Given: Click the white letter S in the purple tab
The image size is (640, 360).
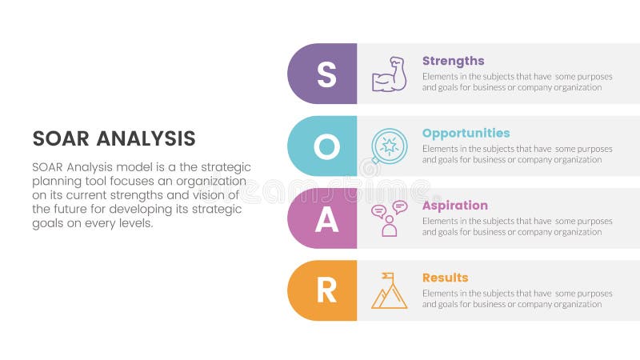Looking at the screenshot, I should (x=326, y=74).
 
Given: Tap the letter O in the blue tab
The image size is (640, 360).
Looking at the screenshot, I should (x=326, y=146).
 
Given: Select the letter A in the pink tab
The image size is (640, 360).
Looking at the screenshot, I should (x=326, y=218).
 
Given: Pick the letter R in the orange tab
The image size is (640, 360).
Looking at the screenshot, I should (x=326, y=290).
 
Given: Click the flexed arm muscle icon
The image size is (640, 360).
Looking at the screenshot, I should (x=389, y=74).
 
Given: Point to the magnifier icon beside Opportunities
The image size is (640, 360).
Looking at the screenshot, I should (x=389, y=146).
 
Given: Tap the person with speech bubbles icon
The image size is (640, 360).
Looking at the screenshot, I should (x=389, y=218).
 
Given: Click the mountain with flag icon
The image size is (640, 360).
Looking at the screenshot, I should (x=389, y=291).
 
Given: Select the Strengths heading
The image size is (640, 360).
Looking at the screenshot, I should (x=453, y=61).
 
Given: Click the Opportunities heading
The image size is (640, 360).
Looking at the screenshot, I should (x=466, y=133).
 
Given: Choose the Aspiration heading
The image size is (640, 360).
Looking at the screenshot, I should (x=454, y=206).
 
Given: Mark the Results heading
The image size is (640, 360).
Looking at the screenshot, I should (x=445, y=278).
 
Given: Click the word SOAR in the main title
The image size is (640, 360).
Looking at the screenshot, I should (x=61, y=138).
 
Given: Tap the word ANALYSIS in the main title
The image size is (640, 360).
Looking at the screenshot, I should (x=146, y=138).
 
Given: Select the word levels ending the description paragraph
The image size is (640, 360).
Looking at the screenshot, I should (x=135, y=223).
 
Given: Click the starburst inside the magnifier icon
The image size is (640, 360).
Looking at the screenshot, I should (x=390, y=145).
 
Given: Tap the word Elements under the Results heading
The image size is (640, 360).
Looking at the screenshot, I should (x=440, y=293).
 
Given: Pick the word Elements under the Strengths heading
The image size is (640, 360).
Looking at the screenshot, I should (x=440, y=76).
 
